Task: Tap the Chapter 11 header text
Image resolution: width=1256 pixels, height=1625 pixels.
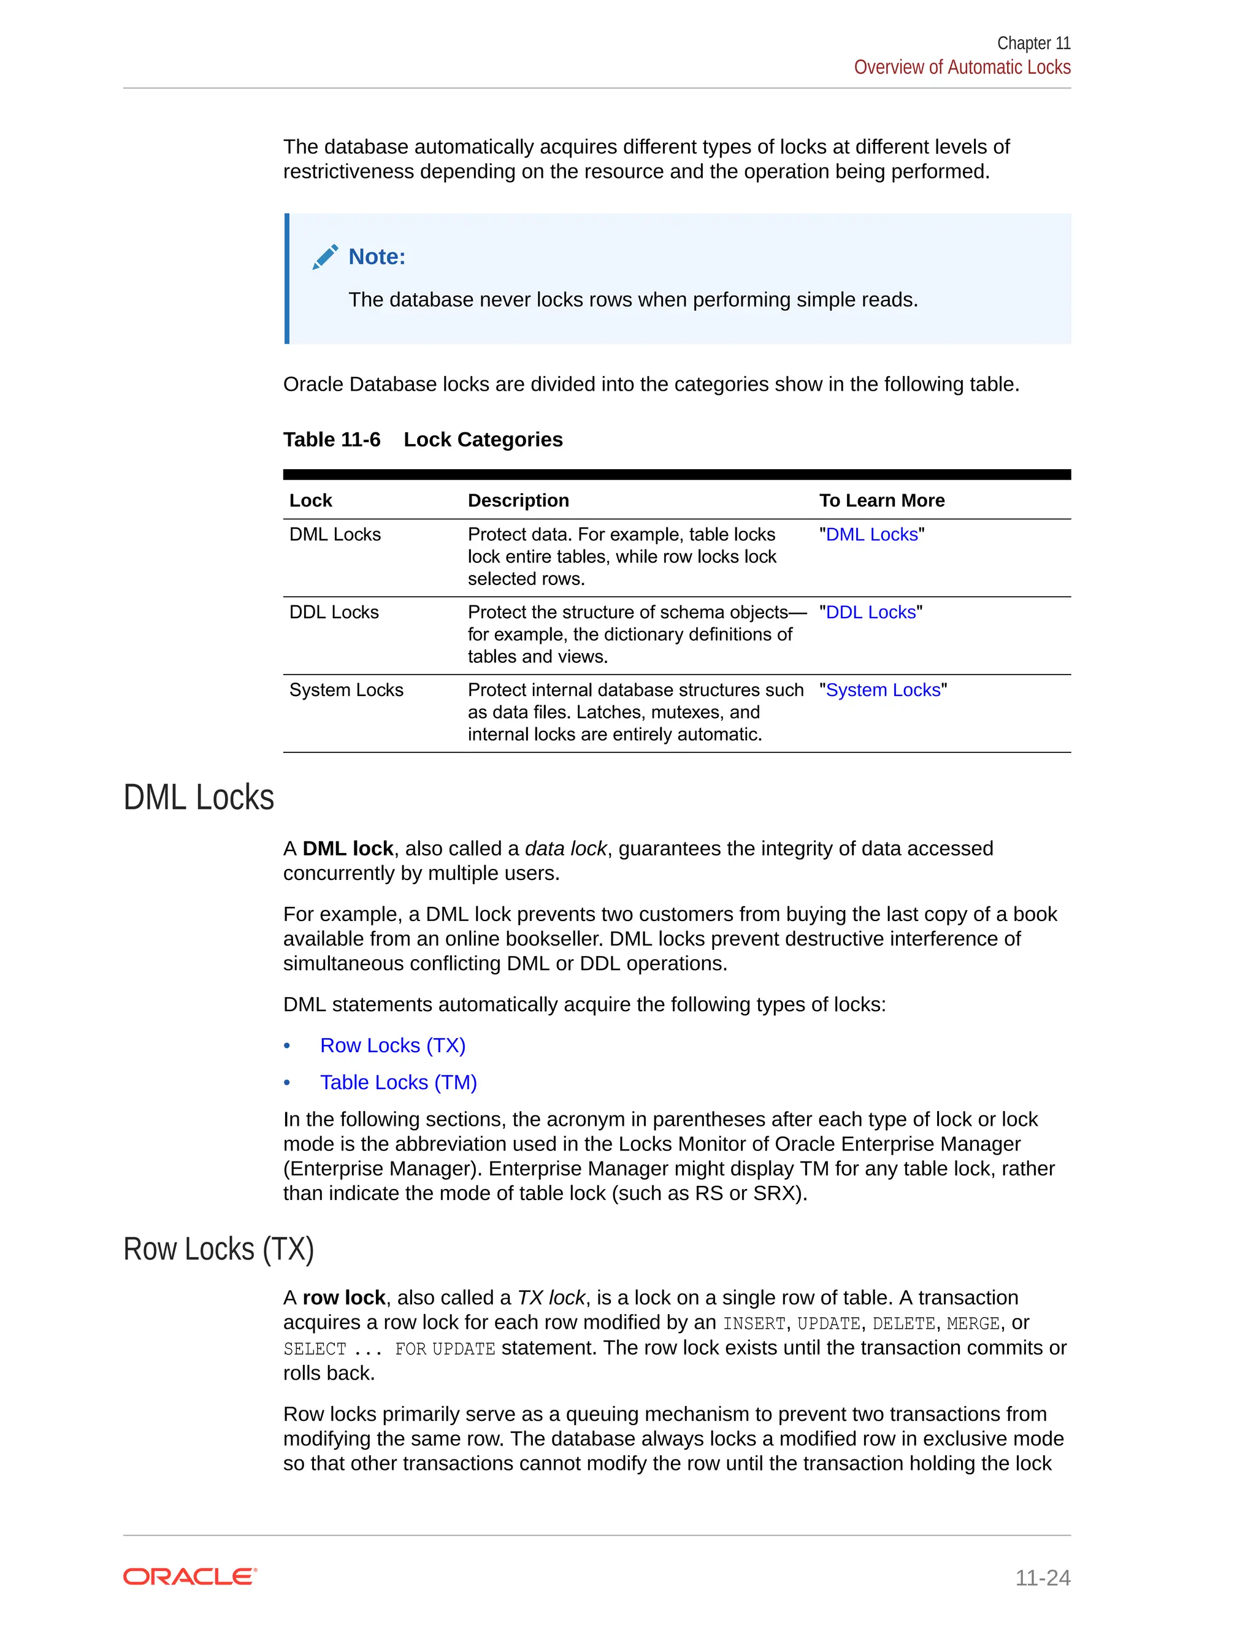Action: (1033, 43)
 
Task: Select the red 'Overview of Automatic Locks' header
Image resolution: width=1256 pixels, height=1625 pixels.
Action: (962, 67)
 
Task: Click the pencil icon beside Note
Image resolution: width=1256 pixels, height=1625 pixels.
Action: (325, 257)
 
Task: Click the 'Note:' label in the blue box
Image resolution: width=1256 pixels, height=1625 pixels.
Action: (377, 257)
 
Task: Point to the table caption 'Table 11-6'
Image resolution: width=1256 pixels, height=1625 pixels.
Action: (332, 440)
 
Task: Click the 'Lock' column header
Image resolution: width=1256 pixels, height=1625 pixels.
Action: (310, 501)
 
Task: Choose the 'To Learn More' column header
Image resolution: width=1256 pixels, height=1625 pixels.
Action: (882, 501)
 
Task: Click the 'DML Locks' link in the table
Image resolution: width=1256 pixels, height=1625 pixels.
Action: (871, 534)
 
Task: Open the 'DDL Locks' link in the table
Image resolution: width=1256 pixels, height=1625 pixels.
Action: (871, 613)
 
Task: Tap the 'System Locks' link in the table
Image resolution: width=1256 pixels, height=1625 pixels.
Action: (883, 690)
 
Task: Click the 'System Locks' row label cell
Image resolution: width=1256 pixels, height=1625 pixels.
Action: (346, 690)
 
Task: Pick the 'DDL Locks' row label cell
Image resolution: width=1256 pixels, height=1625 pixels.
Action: (334, 613)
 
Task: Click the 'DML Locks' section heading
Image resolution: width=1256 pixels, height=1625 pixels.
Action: (199, 797)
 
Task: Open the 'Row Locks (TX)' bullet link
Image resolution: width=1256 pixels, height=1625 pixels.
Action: (393, 1046)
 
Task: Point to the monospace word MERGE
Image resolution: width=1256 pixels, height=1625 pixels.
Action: (973, 1324)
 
